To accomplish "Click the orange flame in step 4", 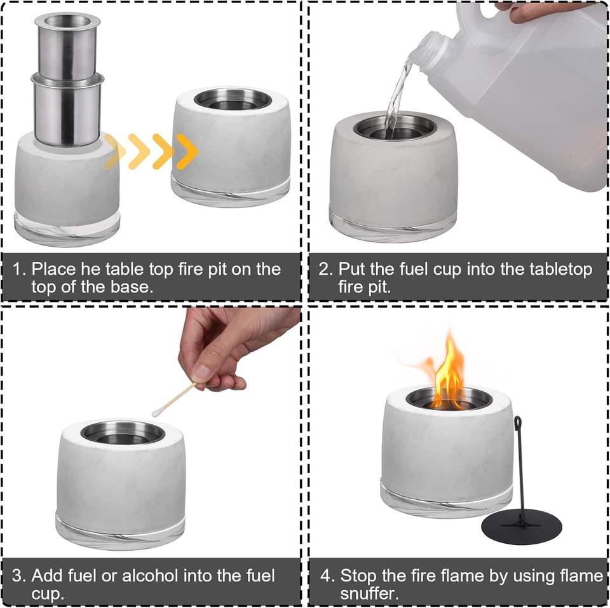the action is pos(448,374).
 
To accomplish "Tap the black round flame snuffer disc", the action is pos(521,528).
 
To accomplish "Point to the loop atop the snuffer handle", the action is pos(518,422).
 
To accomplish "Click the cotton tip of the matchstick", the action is pos(157,412).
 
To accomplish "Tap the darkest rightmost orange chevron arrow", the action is pos(187,151).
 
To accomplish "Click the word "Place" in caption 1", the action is pos(53,269).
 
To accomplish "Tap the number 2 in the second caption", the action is pos(323,269).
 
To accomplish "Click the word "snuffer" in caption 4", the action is pos(368,594).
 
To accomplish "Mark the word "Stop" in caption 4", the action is pos(358,576).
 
